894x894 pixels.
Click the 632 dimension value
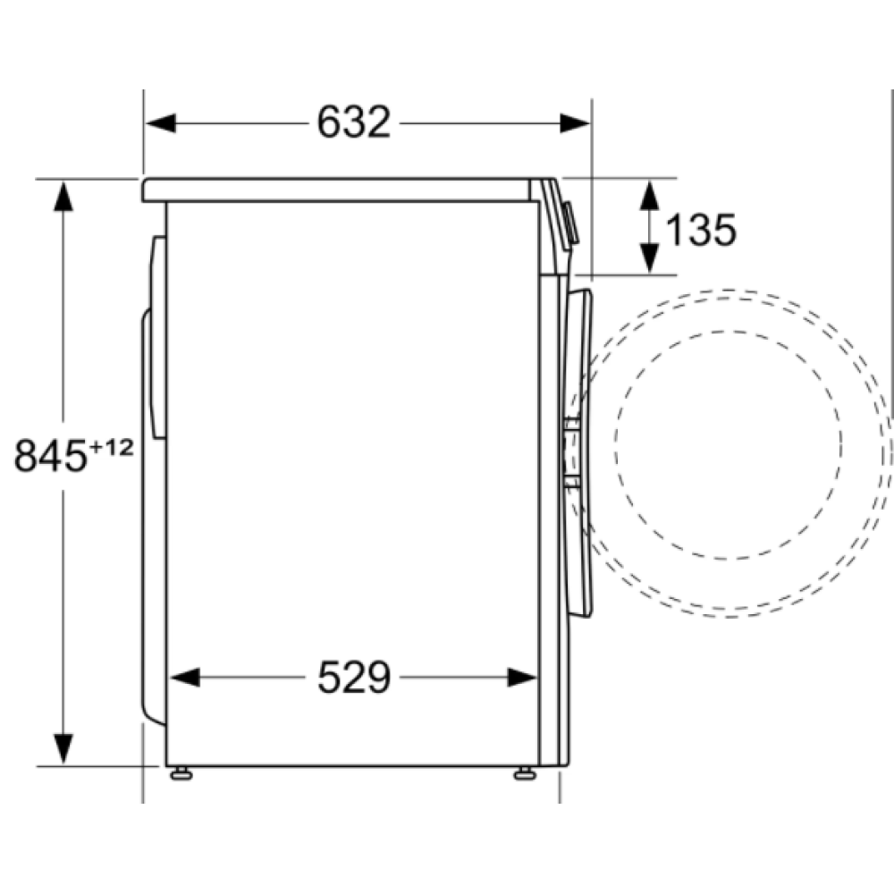point(354,122)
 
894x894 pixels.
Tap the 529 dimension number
point(354,679)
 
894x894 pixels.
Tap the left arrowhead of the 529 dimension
point(182,679)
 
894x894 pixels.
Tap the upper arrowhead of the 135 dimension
point(650,192)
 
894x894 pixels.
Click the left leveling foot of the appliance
point(181,772)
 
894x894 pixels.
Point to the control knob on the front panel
point(571,224)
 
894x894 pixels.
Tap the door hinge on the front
point(570,456)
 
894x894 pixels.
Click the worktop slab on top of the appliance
point(340,189)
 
